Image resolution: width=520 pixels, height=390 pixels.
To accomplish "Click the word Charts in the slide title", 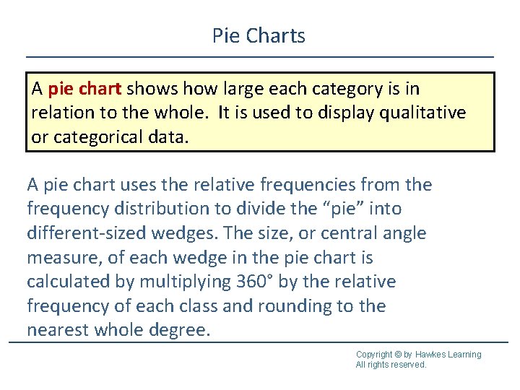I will pyautogui.click(x=279, y=35).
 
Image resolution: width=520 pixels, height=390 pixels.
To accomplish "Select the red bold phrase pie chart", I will pyautogui.click(x=85, y=89).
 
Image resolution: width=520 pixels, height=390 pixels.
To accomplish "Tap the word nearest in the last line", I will pyautogui.click(x=58, y=330).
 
